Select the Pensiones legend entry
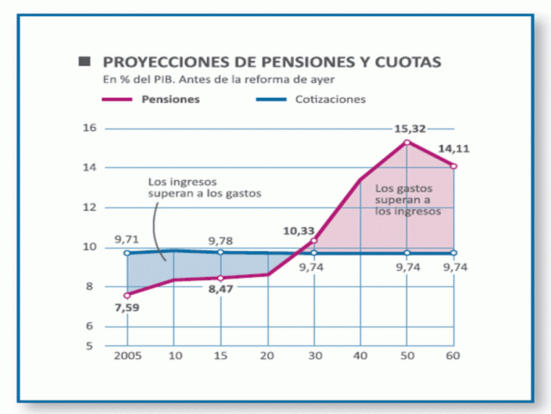(x=170, y=99)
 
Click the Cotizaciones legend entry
(x=328, y=99)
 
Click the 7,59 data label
(x=127, y=308)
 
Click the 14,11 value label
(x=454, y=149)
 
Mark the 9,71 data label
(x=127, y=239)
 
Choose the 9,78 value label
(x=220, y=240)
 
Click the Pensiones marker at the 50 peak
(x=407, y=142)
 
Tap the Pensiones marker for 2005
(x=127, y=295)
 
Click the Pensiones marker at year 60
(x=453, y=166)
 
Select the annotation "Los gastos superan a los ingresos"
(x=407, y=199)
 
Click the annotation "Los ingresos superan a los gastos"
(x=204, y=187)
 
